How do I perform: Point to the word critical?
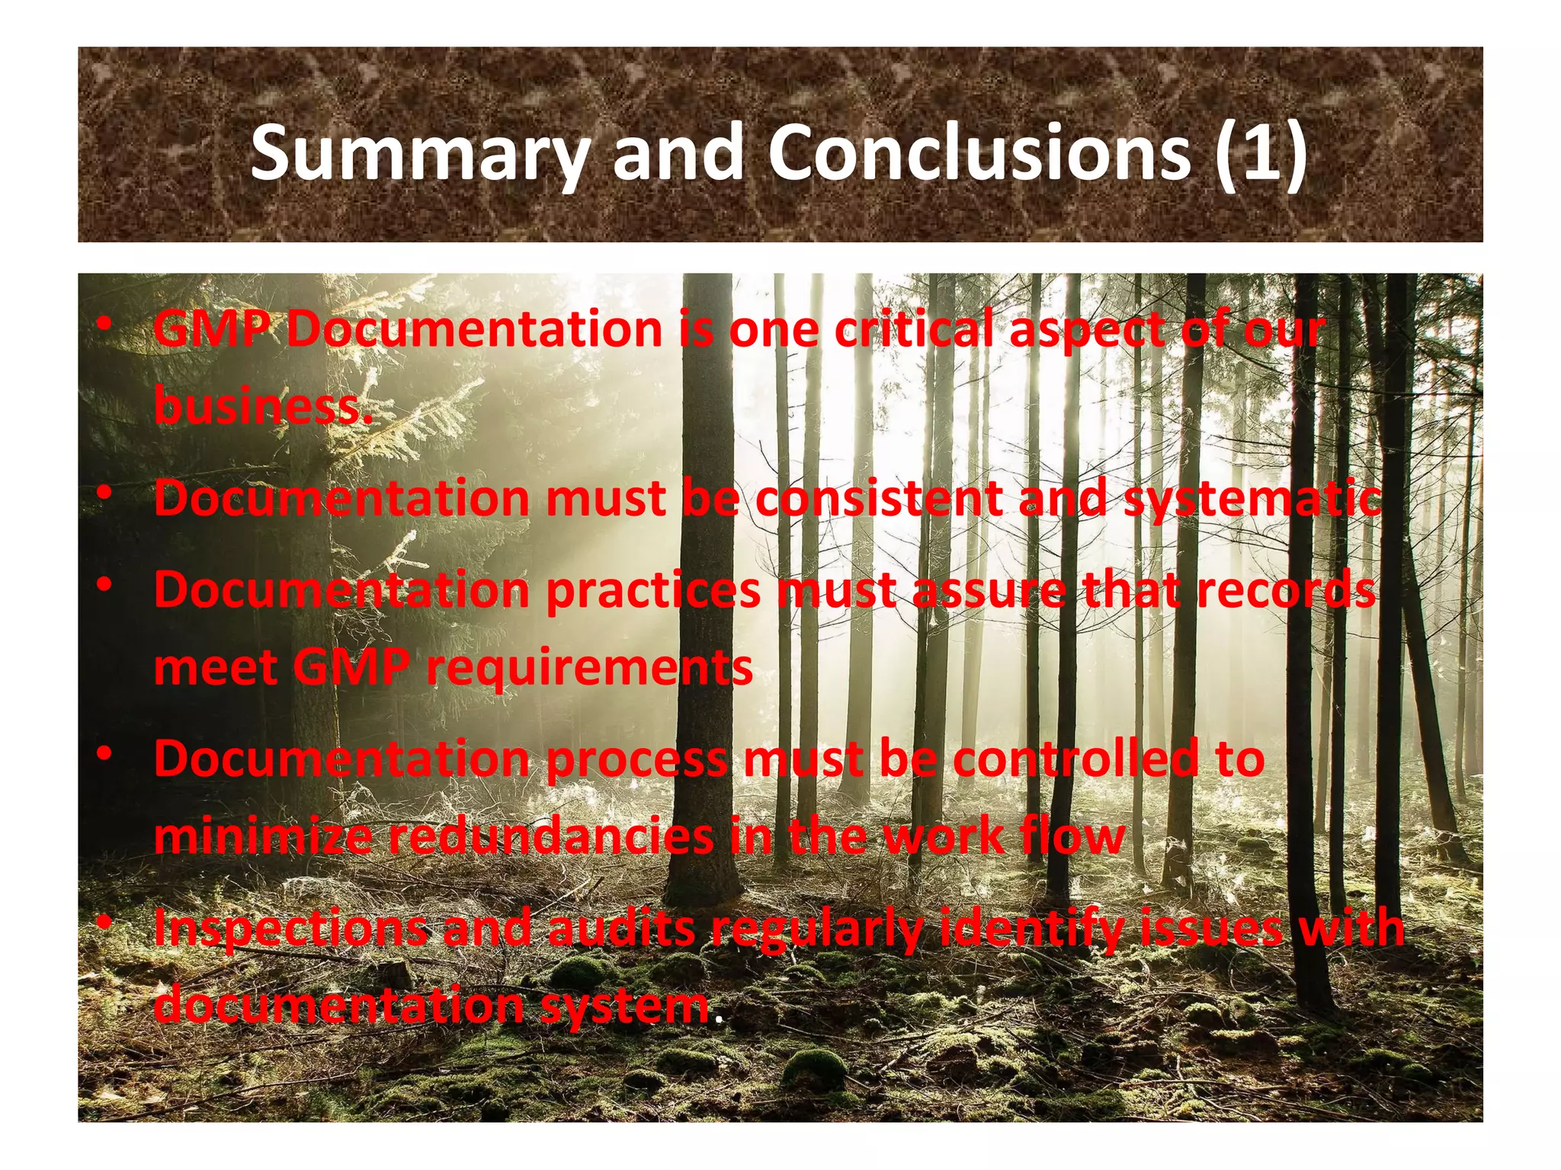click(x=913, y=330)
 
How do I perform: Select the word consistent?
click(x=879, y=498)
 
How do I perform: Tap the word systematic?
click(x=1252, y=500)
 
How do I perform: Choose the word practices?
click(x=653, y=591)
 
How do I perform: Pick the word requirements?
click(x=589, y=668)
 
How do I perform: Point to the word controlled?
click(x=1075, y=759)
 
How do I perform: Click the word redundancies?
click(x=551, y=836)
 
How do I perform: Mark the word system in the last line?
click(x=625, y=1005)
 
